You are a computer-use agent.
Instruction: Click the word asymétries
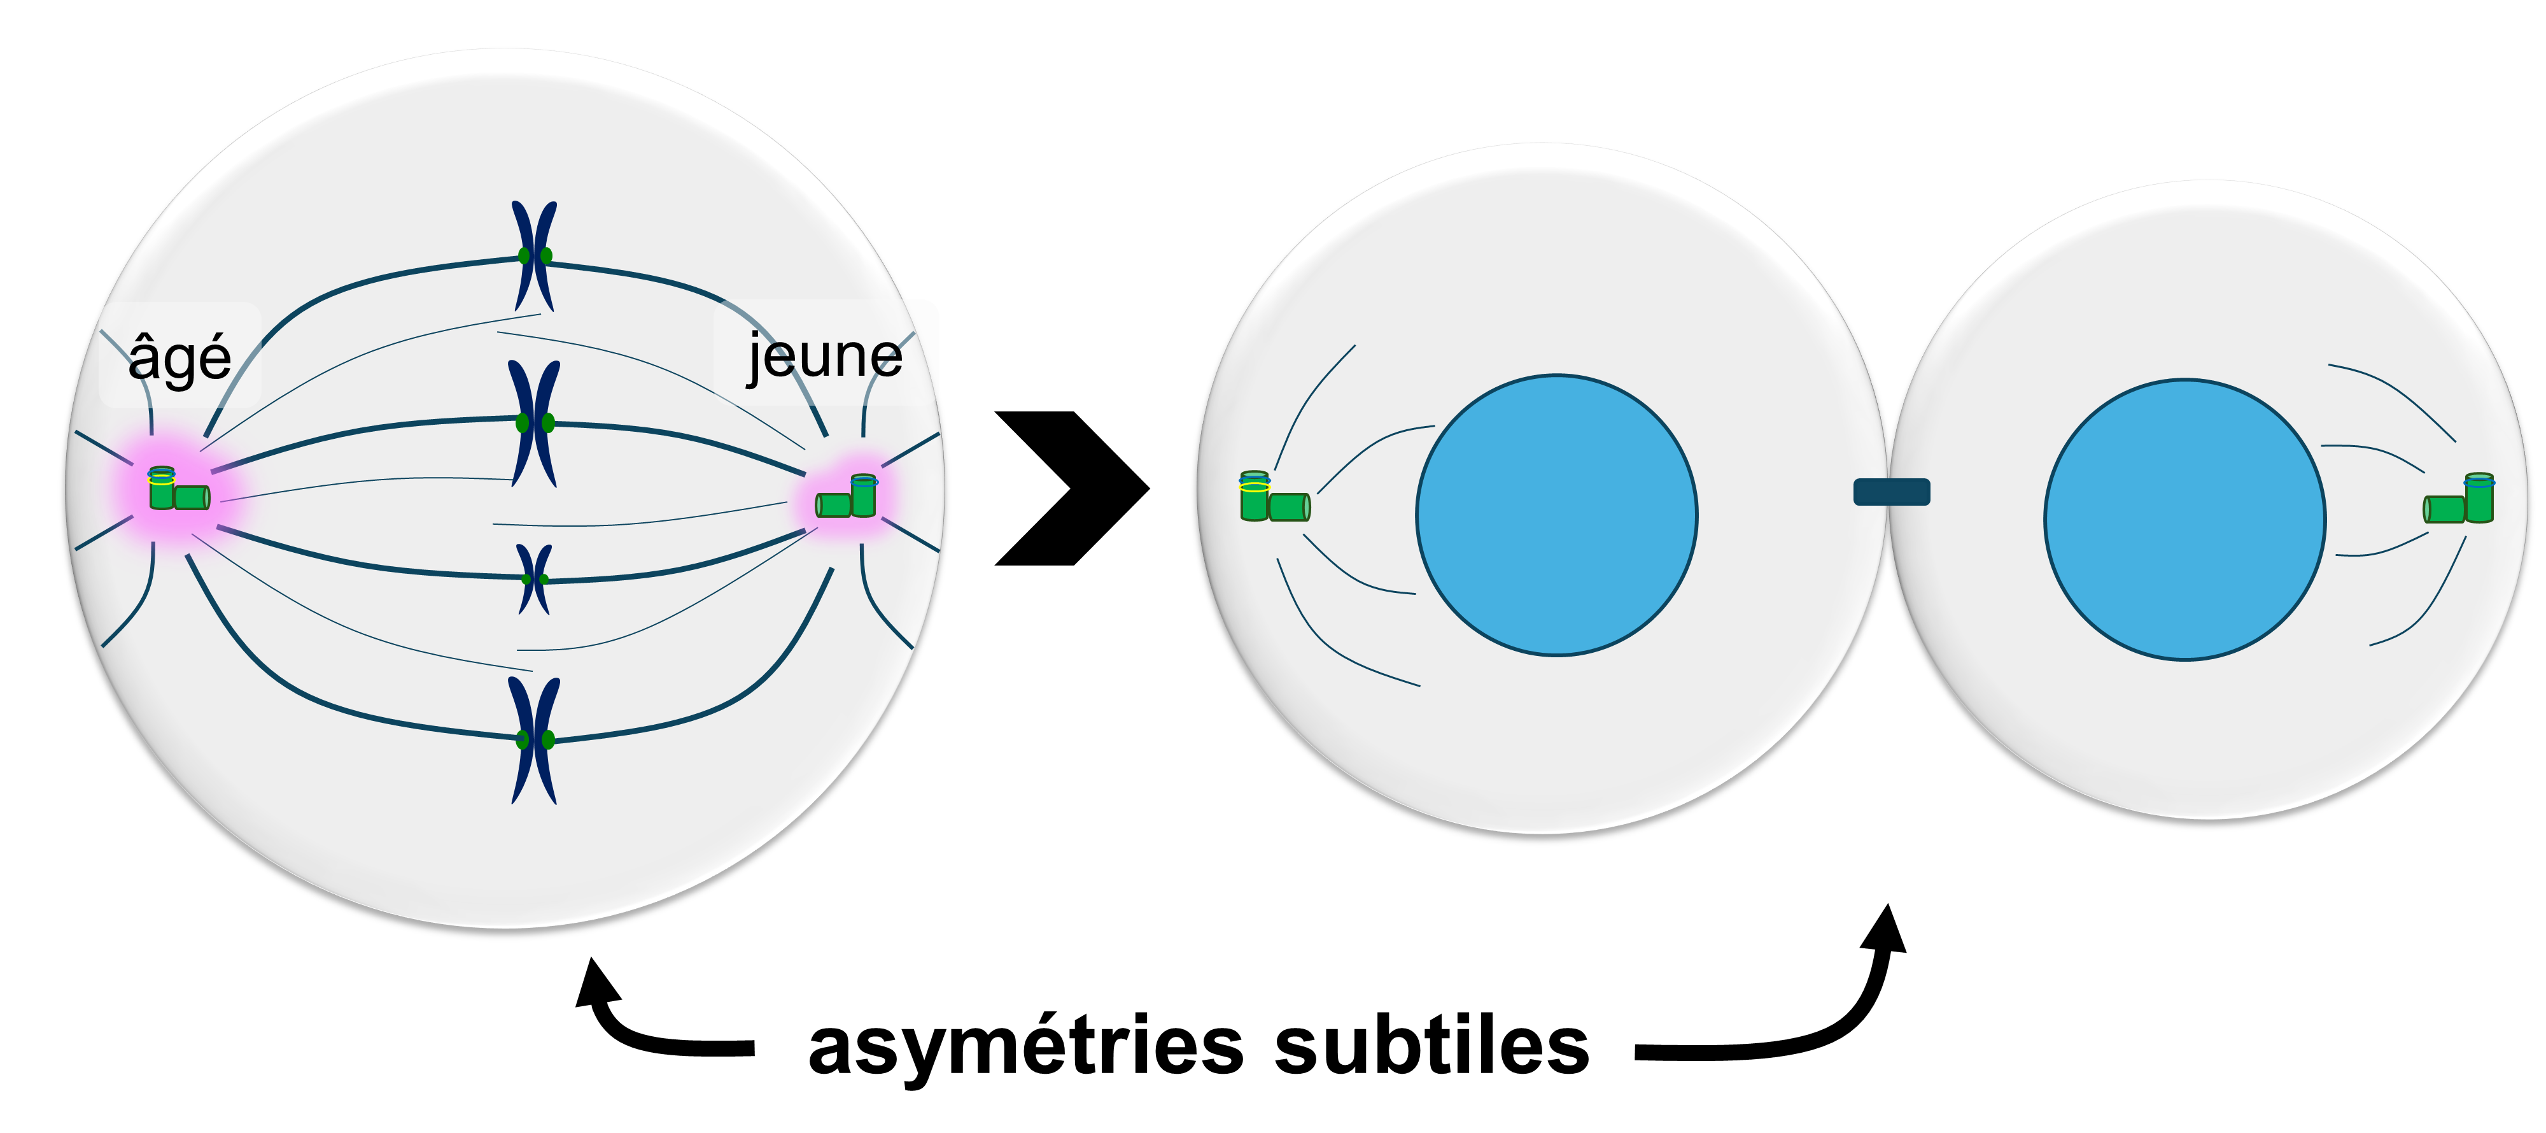[1025, 1047]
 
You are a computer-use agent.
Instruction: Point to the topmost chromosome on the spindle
[535, 256]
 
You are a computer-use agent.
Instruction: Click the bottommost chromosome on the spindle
[535, 739]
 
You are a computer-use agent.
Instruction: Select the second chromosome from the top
[535, 423]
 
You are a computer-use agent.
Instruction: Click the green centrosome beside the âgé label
[178, 490]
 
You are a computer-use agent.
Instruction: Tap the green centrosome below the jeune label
[847, 497]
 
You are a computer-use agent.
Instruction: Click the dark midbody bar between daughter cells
[1890, 492]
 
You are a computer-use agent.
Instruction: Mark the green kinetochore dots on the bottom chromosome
[535, 739]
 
